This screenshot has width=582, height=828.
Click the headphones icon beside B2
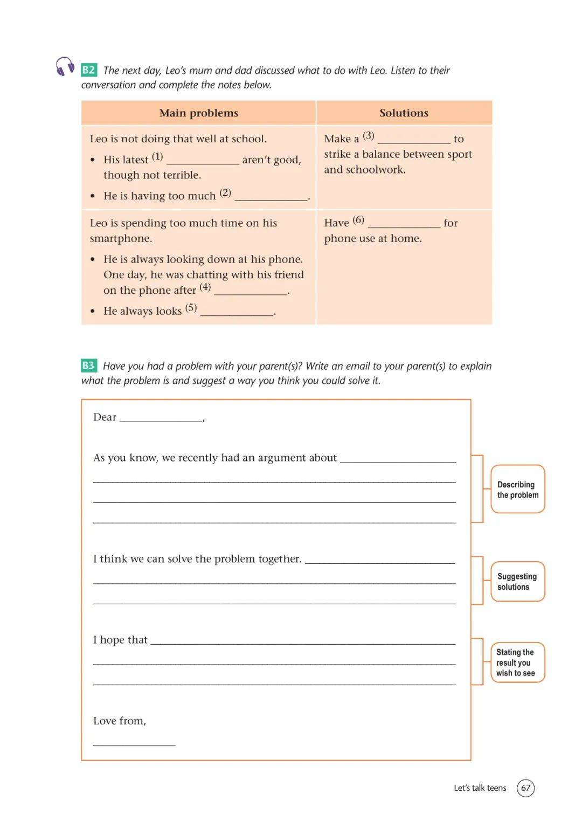(65, 66)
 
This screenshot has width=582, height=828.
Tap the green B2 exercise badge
(88, 70)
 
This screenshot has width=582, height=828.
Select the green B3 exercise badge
(88, 365)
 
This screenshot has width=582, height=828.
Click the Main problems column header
(198, 113)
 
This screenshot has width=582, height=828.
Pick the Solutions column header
(404, 113)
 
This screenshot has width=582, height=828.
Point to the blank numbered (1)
(203, 161)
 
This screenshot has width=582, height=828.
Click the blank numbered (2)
(271, 197)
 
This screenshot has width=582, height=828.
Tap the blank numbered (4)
(251, 292)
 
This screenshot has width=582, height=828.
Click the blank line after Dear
(161, 419)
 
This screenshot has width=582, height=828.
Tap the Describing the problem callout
(517, 489)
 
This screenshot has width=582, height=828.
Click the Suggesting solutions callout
(517, 582)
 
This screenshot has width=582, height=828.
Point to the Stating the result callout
(517, 663)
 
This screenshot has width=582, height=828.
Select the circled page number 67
(525, 788)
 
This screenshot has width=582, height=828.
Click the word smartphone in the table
(121, 239)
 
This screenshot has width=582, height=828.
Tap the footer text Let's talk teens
(480, 788)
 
